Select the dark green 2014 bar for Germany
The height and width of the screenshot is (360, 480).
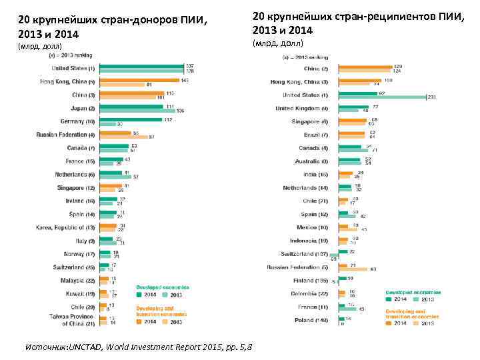pyautogui.click(x=131, y=120)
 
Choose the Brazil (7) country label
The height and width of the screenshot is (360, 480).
pyautogui.click(x=316, y=135)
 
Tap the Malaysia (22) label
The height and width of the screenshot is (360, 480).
pyautogui.click(x=77, y=281)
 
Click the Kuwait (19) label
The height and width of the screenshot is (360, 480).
pyautogui.click(x=79, y=293)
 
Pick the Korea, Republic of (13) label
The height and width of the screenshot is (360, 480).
pyautogui.click(x=66, y=227)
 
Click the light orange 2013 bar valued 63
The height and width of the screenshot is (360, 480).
pyautogui.click(x=353, y=269)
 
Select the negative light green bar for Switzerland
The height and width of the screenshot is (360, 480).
pyautogui.click(x=335, y=257)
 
